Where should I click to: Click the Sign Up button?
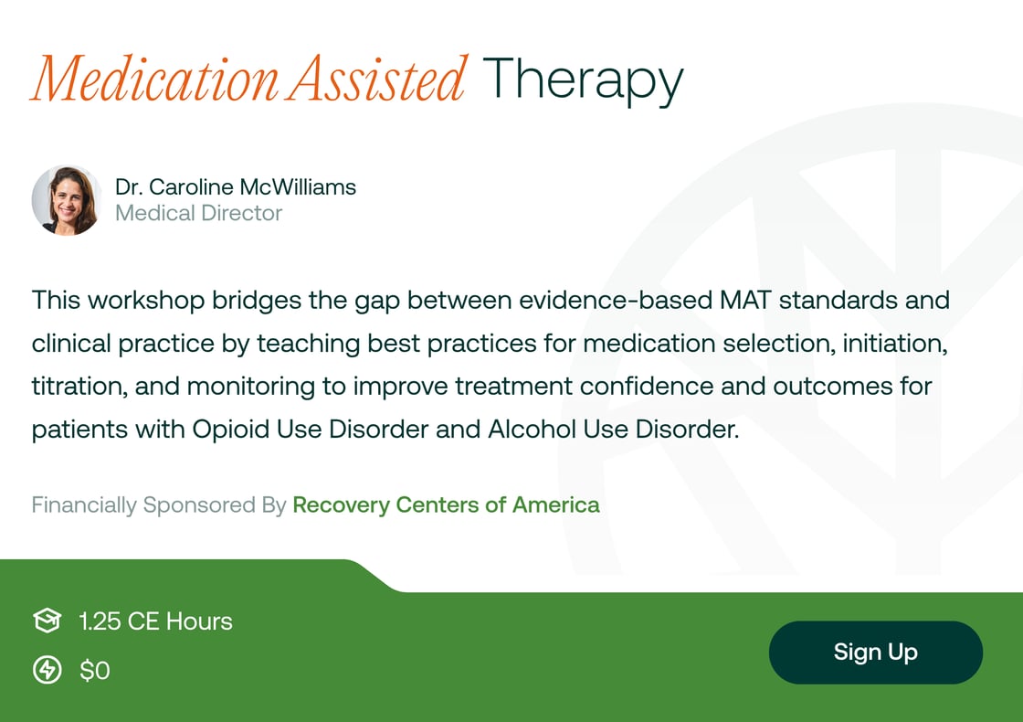875,653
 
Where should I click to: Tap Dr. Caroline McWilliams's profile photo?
67,200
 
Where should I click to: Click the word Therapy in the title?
583,80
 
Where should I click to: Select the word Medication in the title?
153,80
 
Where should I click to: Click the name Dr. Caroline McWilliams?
236,187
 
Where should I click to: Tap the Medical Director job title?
198,214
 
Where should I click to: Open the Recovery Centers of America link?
446,504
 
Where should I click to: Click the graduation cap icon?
47,621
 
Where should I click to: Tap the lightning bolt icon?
47,671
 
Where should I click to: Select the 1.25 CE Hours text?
155,621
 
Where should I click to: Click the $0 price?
94,671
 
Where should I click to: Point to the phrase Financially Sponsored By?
159,504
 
